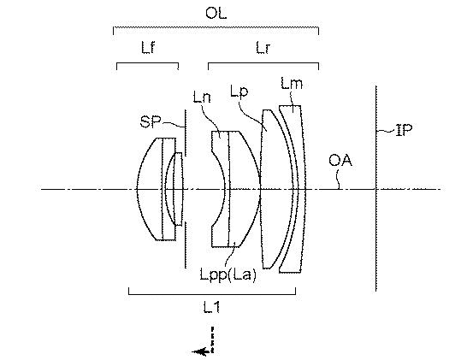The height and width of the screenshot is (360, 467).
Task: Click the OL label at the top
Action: [x=216, y=13]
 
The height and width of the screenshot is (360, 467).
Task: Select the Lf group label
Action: [x=148, y=47]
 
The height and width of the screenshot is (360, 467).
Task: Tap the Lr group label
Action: [x=263, y=48]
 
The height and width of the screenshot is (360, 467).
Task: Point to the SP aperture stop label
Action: [x=151, y=121]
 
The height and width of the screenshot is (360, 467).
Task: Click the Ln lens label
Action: [x=202, y=97]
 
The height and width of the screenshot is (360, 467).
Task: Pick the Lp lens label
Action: [x=239, y=91]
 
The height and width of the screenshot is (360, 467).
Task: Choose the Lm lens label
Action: [x=292, y=83]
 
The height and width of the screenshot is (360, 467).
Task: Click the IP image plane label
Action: [x=404, y=130]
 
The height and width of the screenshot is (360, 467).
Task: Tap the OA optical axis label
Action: [x=340, y=161]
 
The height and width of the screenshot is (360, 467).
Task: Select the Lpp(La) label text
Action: [x=228, y=274]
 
